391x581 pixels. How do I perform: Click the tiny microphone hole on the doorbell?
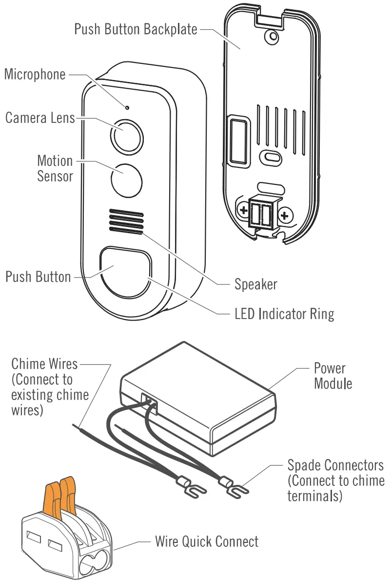[x=127, y=107]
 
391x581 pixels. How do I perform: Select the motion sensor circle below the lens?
[x=127, y=180]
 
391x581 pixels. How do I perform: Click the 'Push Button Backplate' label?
[x=136, y=29]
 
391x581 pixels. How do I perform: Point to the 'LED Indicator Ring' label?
[x=284, y=313]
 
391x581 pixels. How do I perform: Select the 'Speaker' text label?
[x=255, y=284]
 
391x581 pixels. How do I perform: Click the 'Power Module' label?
[x=332, y=376]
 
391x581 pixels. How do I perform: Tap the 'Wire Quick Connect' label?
[x=207, y=541]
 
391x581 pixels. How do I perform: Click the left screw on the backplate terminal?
[x=242, y=211]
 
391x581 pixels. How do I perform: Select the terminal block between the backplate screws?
[x=263, y=213]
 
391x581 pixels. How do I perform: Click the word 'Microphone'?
[x=35, y=75]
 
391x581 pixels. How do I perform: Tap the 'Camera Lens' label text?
[x=40, y=118]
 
